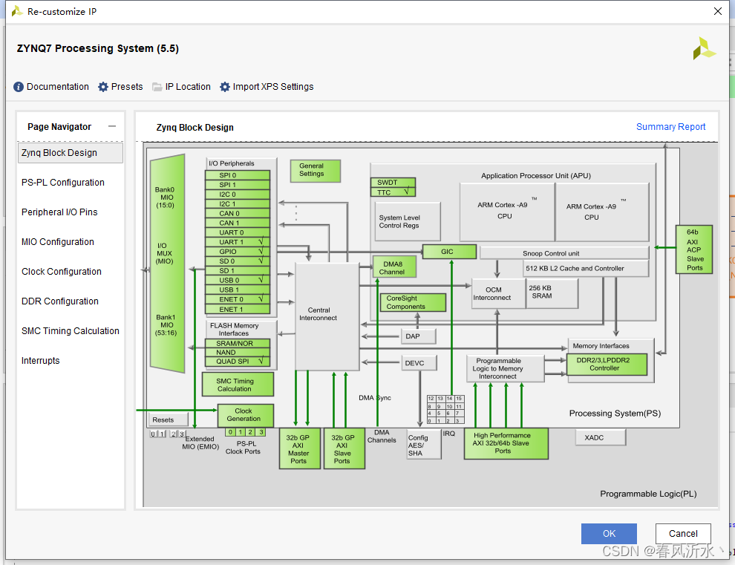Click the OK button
click(x=609, y=533)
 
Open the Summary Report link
click(x=670, y=127)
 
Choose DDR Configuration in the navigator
click(x=60, y=301)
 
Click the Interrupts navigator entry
click(x=41, y=361)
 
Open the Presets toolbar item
click(x=120, y=87)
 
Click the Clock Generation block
click(x=244, y=415)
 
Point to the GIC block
click(x=448, y=252)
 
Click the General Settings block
click(x=315, y=171)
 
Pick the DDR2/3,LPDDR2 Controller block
click(x=607, y=364)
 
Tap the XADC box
click(x=600, y=438)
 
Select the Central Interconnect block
click(x=327, y=315)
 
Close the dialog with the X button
click(x=717, y=11)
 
